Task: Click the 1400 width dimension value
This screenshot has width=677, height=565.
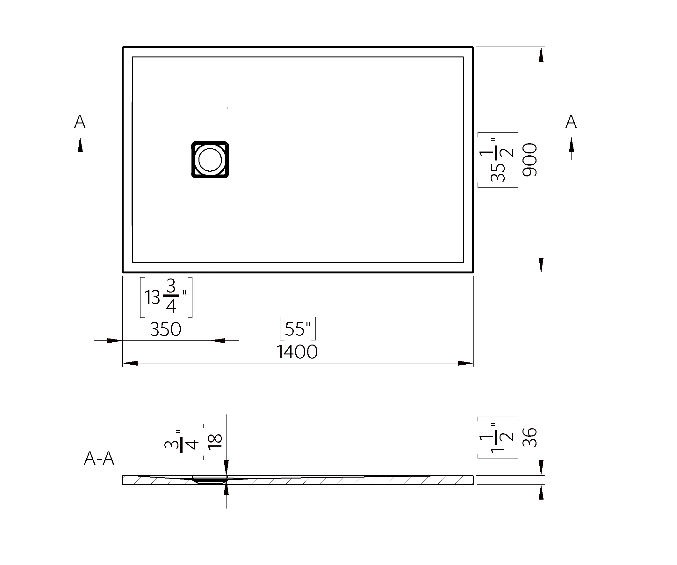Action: pyautogui.click(x=297, y=352)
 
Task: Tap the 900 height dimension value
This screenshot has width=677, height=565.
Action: pyautogui.click(x=530, y=160)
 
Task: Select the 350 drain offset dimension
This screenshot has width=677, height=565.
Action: pyautogui.click(x=166, y=329)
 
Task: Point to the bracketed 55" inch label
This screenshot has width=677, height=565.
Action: pyautogui.click(x=298, y=329)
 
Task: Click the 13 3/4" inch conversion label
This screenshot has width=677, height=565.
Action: pyautogui.click(x=166, y=297)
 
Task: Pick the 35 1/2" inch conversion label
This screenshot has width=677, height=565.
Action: pyautogui.click(x=498, y=160)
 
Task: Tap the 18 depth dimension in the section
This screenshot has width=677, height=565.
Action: pyautogui.click(x=215, y=440)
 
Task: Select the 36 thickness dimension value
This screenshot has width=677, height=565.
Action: pyautogui.click(x=530, y=437)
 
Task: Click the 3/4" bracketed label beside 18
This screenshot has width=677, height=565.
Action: pyautogui.click(x=183, y=441)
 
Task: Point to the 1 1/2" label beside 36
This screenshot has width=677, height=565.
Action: pyautogui.click(x=498, y=437)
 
